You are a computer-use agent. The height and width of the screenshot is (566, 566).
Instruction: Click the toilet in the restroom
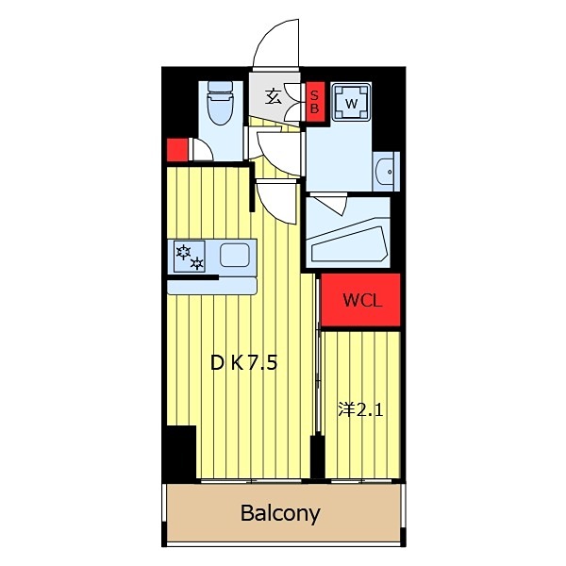click(220, 104)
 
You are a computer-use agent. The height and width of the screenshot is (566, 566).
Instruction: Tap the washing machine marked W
click(351, 102)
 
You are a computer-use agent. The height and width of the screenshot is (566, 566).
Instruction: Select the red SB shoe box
click(315, 102)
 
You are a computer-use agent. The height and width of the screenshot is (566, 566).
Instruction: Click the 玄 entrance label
click(273, 97)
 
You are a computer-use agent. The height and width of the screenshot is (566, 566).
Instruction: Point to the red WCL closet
click(360, 300)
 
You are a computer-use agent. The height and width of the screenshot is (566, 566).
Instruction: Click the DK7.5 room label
click(244, 363)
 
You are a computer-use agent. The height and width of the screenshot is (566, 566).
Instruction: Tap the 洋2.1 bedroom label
click(360, 410)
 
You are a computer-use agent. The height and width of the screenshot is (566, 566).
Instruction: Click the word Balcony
click(280, 513)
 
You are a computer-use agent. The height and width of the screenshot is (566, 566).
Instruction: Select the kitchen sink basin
click(235, 256)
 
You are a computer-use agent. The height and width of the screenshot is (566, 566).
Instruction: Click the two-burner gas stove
click(190, 257)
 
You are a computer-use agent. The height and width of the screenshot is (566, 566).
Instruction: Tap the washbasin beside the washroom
click(387, 172)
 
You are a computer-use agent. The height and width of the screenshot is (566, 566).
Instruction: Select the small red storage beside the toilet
click(177, 150)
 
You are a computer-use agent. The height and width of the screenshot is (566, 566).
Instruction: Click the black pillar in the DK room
click(181, 452)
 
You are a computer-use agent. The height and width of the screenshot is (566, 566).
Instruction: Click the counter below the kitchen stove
click(212, 286)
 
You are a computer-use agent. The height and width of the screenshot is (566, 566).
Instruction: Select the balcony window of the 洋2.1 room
click(361, 480)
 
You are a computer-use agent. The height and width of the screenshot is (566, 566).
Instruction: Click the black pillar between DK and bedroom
click(318, 457)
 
